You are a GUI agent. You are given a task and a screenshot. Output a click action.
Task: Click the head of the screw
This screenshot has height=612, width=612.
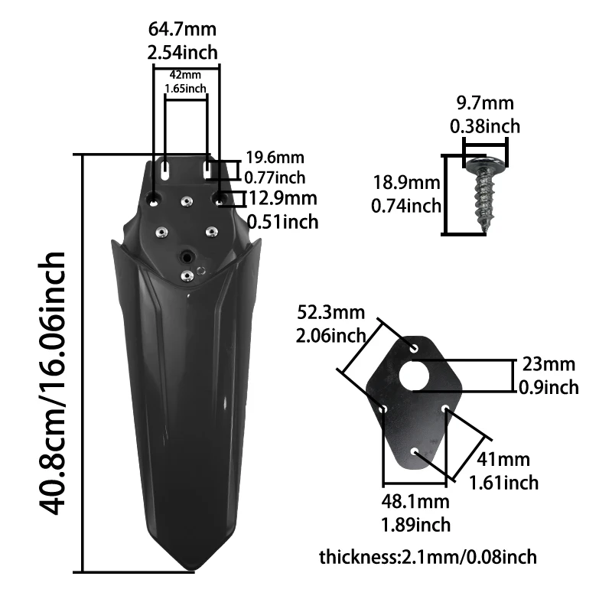click(485, 162)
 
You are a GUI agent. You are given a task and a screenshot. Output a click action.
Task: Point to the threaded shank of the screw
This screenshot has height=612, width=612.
click(486, 200)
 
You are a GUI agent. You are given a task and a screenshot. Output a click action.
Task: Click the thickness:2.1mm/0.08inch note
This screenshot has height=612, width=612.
click(428, 557)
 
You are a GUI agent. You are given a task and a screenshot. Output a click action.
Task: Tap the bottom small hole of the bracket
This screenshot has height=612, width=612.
click(414, 452)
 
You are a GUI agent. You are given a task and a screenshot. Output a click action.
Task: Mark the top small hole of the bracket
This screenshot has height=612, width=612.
click(415, 348)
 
